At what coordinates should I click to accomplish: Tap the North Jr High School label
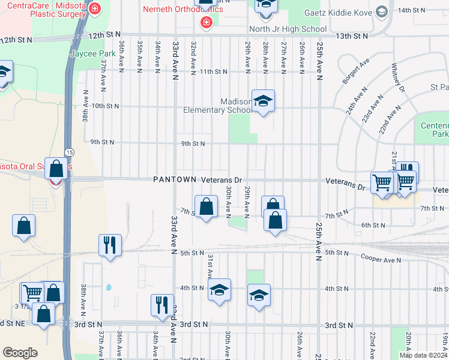tap(288, 29)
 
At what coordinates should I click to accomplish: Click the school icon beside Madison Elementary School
tap(263, 101)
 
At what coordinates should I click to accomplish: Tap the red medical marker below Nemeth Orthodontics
tap(206, 23)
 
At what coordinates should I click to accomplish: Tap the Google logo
tap(20, 352)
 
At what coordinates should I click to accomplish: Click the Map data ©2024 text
tap(423, 355)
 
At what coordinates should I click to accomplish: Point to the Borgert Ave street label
tap(356, 71)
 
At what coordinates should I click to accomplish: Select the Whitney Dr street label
tap(399, 78)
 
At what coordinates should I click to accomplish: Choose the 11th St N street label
tap(214, 71)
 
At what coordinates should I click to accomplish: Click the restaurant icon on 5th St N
tap(110, 245)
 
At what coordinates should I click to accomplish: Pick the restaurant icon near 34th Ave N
tap(162, 305)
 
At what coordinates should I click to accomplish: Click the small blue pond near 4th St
tap(109, 287)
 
